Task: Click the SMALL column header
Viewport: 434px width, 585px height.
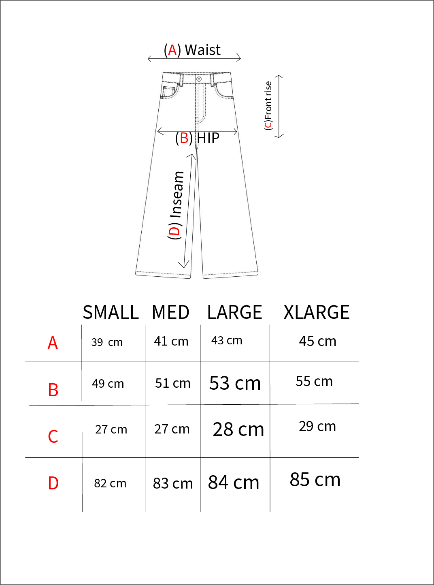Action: [111, 312]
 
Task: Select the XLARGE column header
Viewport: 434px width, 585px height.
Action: [316, 312]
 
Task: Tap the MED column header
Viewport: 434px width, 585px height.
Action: [170, 312]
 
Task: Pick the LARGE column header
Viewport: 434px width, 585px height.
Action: [234, 312]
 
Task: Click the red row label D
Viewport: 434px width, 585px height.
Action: [53, 483]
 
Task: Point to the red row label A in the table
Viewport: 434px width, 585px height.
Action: [53, 343]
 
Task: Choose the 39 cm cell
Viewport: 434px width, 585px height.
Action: [107, 342]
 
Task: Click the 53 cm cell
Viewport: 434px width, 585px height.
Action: [235, 383]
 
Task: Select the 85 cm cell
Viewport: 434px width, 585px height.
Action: [315, 480]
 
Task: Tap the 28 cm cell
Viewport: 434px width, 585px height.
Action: [238, 429]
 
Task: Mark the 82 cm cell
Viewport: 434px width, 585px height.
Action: [110, 483]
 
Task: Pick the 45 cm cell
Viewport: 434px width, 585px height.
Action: [317, 341]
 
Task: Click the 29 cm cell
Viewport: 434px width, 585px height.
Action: [317, 426]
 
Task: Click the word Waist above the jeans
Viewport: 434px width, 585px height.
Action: [202, 50]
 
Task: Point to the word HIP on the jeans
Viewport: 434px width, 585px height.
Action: [208, 138]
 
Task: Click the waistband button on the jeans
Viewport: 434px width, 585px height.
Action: [199, 79]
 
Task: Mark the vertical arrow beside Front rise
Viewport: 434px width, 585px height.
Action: [279, 106]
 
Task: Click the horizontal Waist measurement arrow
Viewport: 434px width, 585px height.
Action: [194, 59]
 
